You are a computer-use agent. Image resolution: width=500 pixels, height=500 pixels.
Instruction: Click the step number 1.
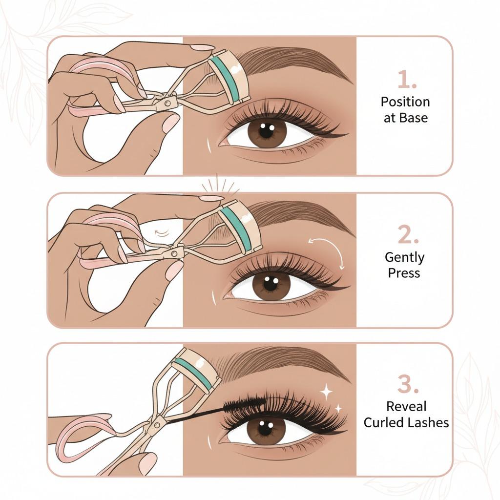pyautogui.click(x=406, y=80)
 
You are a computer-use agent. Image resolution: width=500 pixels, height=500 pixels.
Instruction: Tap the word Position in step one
pyautogui.click(x=405, y=102)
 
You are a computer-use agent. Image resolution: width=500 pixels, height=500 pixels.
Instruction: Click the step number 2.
pyautogui.click(x=406, y=236)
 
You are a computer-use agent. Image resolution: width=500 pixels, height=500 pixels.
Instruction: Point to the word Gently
pyautogui.click(x=404, y=258)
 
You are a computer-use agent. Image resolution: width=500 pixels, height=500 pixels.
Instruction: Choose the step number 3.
pyautogui.click(x=406, y=385)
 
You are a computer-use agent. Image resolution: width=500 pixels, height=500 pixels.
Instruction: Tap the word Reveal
pyautogui.click(x=406, y=406)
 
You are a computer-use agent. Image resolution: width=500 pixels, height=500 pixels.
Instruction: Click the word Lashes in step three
pyautogui.click(x=428, y=422)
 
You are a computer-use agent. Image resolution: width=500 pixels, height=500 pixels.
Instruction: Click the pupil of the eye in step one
pyautogui.click(x=267, y=131)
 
